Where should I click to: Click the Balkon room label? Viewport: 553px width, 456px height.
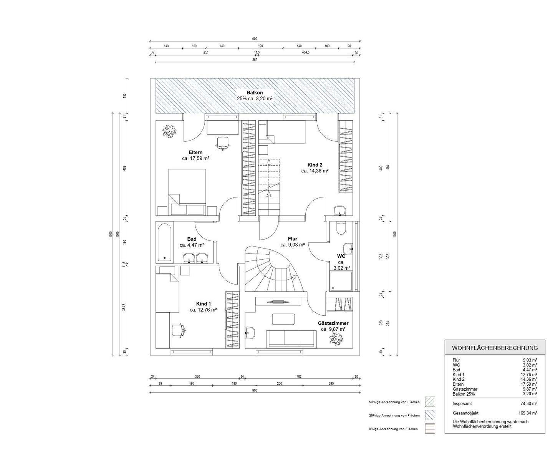(255, 93)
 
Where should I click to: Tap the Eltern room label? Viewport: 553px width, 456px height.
(195, 153)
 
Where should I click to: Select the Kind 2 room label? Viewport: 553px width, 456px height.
(315, 165)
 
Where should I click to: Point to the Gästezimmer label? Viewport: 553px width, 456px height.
(333, 323)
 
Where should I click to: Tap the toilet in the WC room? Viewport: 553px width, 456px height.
(340, 227)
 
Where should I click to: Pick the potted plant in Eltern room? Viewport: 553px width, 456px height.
(169, 131)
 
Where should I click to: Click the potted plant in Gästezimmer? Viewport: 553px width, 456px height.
(336, 339)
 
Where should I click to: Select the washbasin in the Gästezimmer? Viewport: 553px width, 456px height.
(250, 333)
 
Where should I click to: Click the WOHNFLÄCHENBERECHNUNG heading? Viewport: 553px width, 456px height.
(495, 348)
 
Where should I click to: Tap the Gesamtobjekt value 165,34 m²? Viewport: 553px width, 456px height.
(528, 413)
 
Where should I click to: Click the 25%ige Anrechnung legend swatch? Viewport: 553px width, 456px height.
(430, 415)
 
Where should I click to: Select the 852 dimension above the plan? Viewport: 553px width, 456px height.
(255, 60)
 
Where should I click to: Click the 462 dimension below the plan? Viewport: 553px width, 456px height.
(299, 376)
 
